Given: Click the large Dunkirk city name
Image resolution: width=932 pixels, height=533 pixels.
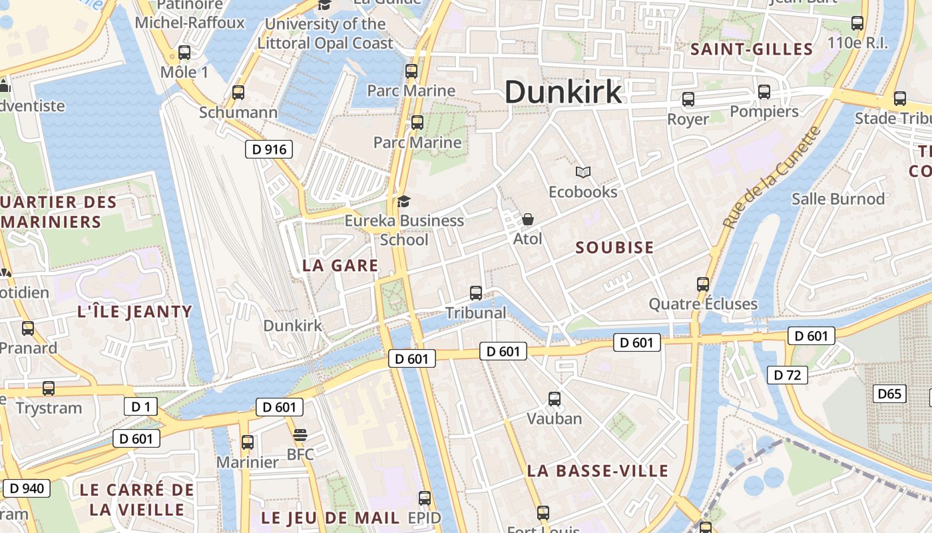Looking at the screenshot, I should click(x=563, y=91).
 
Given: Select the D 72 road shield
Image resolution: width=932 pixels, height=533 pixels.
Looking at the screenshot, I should click(x=788, y=375).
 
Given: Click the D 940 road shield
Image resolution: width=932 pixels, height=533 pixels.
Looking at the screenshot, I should click(x=27, y=488).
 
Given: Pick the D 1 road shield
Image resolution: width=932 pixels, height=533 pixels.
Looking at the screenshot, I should click(x=140, y=406).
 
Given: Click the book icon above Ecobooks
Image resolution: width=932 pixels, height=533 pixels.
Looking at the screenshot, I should click(x=583, y=173).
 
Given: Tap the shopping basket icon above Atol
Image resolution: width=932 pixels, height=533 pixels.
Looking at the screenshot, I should click(x=528, y=219).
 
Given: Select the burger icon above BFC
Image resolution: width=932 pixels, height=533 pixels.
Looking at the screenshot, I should click(x=300, y=435).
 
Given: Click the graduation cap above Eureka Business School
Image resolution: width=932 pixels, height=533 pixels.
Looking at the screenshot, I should click(x=403, y=201).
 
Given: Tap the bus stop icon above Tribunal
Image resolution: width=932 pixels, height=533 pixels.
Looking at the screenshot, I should click(x=476, y=292).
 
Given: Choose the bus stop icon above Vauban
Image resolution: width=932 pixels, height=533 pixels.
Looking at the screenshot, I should click(x=555, y=399).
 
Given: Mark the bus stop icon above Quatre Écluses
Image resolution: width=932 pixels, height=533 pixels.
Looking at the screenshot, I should click(x=703, y=284).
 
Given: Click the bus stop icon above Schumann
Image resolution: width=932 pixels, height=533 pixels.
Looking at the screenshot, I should click(x=238, y=93).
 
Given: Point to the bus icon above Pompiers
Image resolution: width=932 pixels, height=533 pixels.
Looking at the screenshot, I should click(x=764, y=92).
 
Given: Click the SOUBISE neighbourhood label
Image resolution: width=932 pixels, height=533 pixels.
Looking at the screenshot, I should click(x=614, y=248).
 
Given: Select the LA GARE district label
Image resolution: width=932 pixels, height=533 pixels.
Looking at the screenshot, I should click(x=340, y=266).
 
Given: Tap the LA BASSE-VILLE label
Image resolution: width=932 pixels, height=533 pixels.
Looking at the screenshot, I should click(x=597, y=471).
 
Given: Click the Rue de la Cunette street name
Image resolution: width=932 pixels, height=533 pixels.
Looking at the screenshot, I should click(x=774, y=178).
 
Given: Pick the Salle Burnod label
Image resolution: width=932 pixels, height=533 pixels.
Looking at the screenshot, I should click(x=838, y=199).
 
